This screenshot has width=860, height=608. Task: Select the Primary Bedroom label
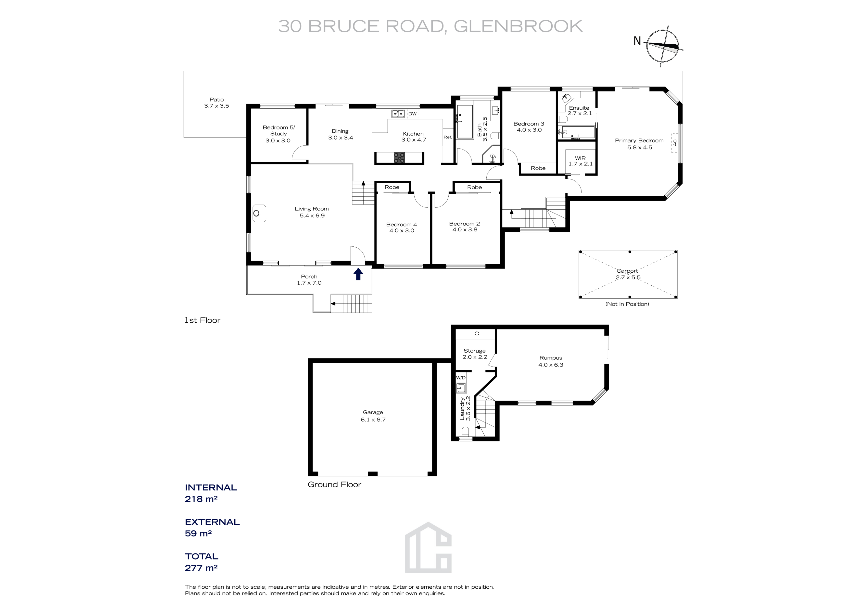click(639, 140)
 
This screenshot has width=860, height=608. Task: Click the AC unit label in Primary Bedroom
click(675, 143)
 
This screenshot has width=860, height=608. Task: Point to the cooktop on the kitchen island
click(399, 158)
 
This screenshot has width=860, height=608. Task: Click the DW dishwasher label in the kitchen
click(412, 114)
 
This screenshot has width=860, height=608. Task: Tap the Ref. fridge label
click(448, 137)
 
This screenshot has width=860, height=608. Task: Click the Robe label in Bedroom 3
click(538, 168)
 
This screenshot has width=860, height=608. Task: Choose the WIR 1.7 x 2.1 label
click(580, 161)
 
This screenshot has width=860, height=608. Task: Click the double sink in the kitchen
click(398, 113)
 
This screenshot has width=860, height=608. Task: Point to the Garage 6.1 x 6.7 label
click(373, 416)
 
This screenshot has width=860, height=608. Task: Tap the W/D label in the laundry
click(461, 378)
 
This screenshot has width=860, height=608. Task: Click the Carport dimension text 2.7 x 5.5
click(628, 278)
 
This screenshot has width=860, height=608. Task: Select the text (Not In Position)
click(627, 304)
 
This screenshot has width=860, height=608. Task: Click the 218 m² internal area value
click(201, 499)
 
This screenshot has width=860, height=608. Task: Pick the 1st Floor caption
click(202, 320)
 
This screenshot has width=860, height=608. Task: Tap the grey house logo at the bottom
click(428, 548)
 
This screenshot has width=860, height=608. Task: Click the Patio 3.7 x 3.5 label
click(216, 103)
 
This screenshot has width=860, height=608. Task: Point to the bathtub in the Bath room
click(465, 122)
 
